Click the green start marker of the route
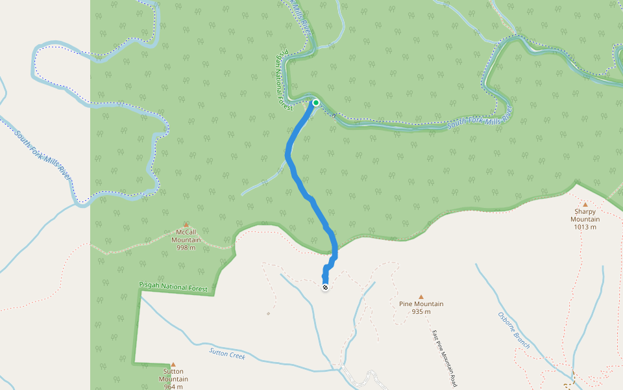tap(316, 103)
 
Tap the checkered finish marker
tap(325, 287)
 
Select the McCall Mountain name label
tap(186, 235)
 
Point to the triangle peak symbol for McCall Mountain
tap(186, 224)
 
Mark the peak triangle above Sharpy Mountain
tap(585, 204)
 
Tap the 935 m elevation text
tap(421, 312)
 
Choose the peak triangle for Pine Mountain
tap(421, 296)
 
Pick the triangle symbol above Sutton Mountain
tap(173, 365)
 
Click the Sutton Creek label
tap(227, 354)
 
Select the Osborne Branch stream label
tap(514, 330)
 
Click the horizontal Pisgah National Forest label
tap(176, 287)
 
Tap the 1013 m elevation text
tap(585, 227)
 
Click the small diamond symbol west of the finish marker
tap(268, 313)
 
